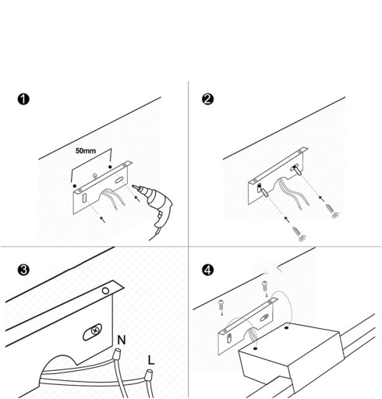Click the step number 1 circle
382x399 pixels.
click(23, 99)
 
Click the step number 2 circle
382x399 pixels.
click(207, 99)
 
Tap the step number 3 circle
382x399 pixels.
click(23, 270)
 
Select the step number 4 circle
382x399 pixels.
click(207, 270)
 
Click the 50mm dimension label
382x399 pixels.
click(86, 150)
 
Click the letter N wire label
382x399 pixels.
click(122, 340)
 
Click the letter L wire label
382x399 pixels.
click(151, 360)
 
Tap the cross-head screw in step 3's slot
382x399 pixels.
click(96, 330)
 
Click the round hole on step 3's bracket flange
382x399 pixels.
click(105, 291)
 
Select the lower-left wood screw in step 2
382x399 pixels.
click(299, 234)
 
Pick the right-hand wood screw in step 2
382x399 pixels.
click(331, 211)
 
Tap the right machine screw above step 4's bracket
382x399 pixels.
click(265, 285)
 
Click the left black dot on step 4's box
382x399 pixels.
click(256, 348)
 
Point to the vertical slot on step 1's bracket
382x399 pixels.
click(84, 199)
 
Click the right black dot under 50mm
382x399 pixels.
click(110, 167)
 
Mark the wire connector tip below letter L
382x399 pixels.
click(149, 375)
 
